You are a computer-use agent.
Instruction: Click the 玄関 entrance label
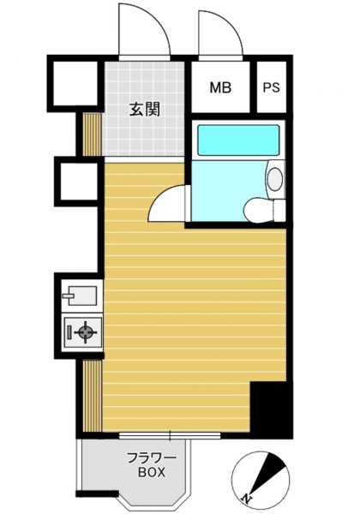(x=145, y=109)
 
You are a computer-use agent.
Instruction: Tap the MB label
(x=220, y=87)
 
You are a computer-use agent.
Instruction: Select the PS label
(x=271, y=87)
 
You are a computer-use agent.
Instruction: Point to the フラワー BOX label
(x=152, y=465)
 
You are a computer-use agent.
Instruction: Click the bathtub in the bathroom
(x=238, y=140)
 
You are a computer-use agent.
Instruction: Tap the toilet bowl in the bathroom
(x=259, y=211)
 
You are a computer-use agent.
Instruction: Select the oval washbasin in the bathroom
(x=275, y=179)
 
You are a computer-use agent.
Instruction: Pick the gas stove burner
(x=86, y=332)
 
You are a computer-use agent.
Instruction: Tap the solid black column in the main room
(x=271, y=409)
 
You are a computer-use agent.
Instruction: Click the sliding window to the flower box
(x=170, y=436)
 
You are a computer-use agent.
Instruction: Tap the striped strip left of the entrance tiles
(x=92, y=134)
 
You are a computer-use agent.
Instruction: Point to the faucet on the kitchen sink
(x=69, y=296)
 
